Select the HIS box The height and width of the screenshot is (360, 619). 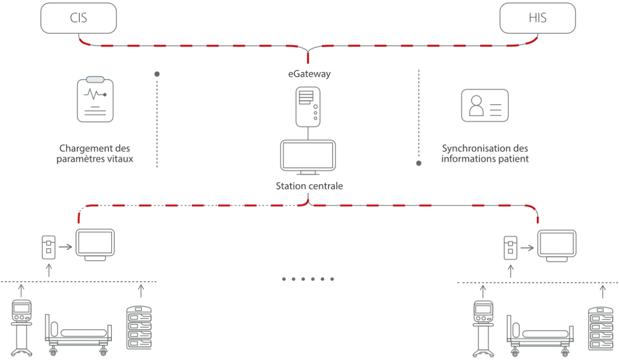tap(537, 19)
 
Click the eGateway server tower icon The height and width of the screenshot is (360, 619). tap(309, 106)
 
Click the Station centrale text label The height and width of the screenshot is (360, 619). tap(309, 186)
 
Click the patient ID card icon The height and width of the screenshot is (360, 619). tap(484, 105)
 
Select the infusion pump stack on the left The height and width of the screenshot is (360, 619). tap(139, 327)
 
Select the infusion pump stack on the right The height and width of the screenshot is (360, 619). tap(600, 328)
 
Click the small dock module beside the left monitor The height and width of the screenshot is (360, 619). tap(49, 247)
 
